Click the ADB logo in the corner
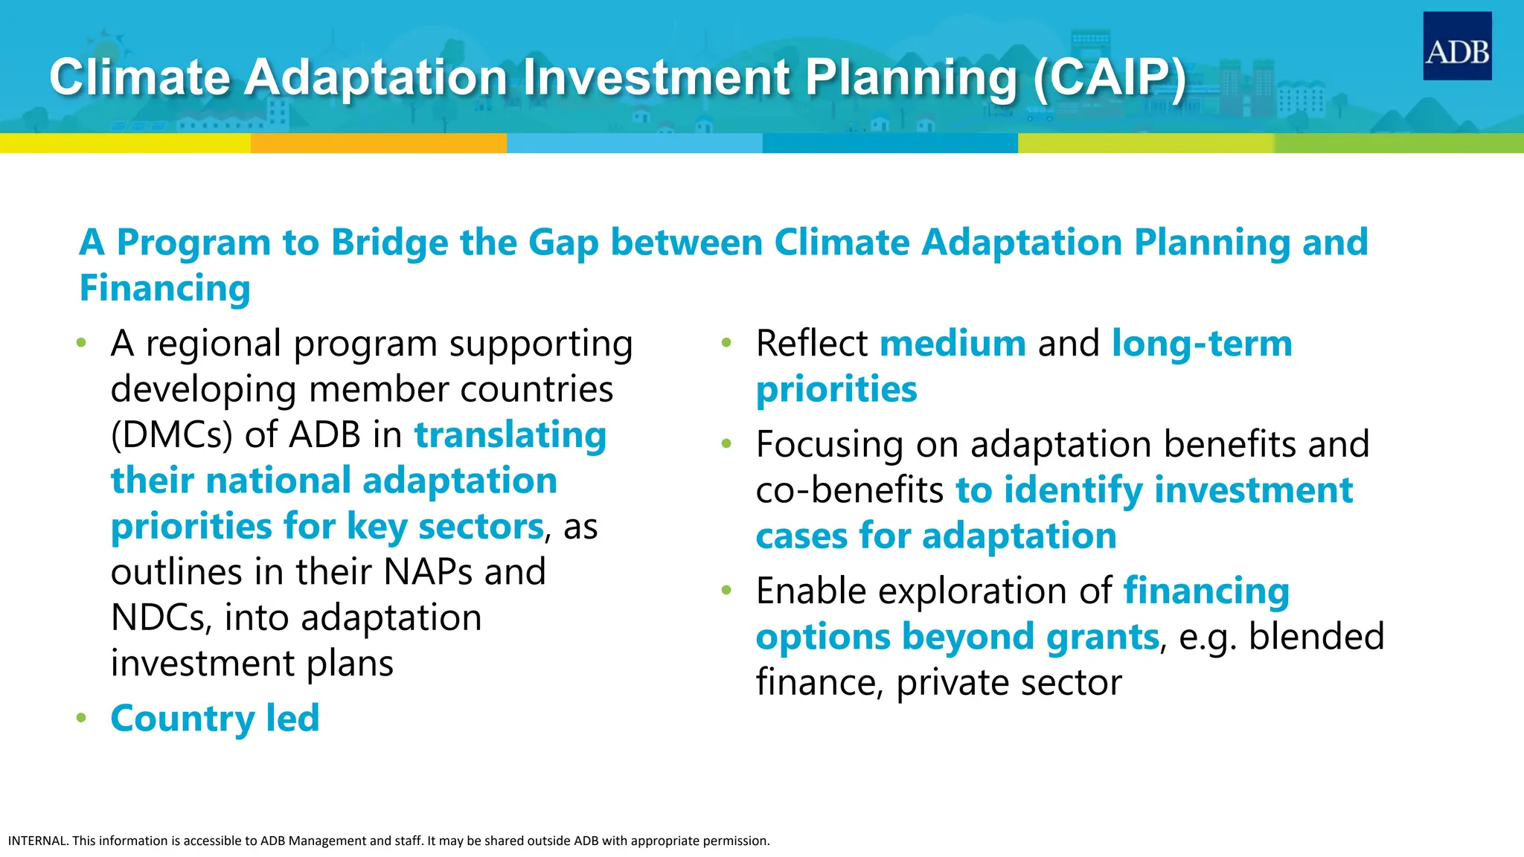click(1456, 46)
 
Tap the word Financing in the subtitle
click(164, 289)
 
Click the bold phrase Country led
click(214, 719)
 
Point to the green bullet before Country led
click(81, 719)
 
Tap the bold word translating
click(510, 435)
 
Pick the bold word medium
click(952, 344)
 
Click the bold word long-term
click(1201, 344)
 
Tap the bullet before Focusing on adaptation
click(727, 445)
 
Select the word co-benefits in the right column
click(849, 491)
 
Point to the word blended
click(1316, 638)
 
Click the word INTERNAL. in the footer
click(38, 841)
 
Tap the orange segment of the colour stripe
click(378, 143)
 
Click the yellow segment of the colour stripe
click(125, 143)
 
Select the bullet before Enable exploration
click(727, 591)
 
